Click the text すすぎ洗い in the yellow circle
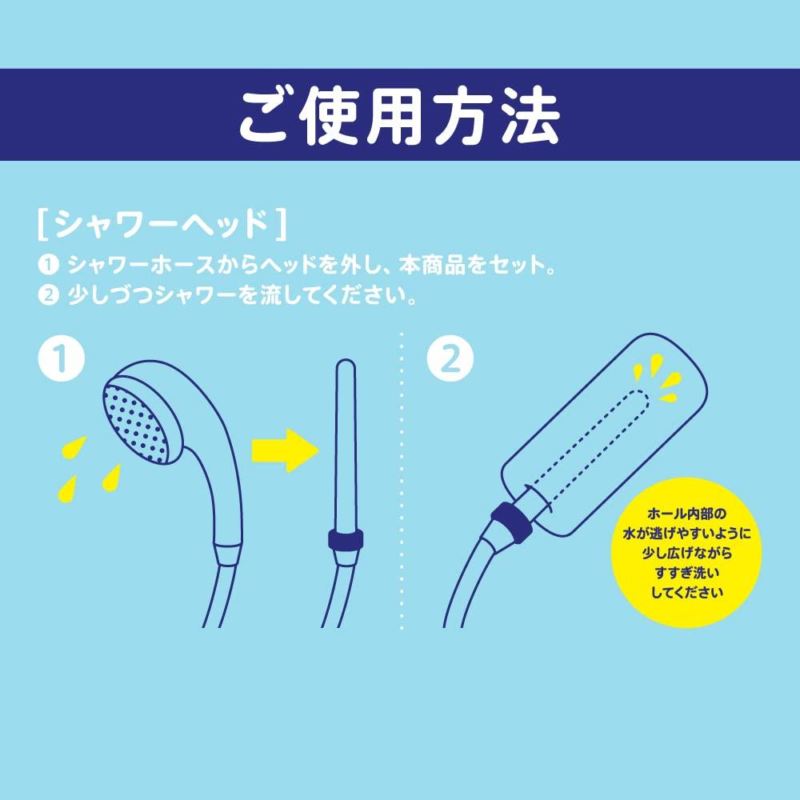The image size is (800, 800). click(x=686, y=573)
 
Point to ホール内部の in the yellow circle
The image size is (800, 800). click(x=686, y=513)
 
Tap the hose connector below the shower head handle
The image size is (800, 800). click(x=228, y=554)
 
